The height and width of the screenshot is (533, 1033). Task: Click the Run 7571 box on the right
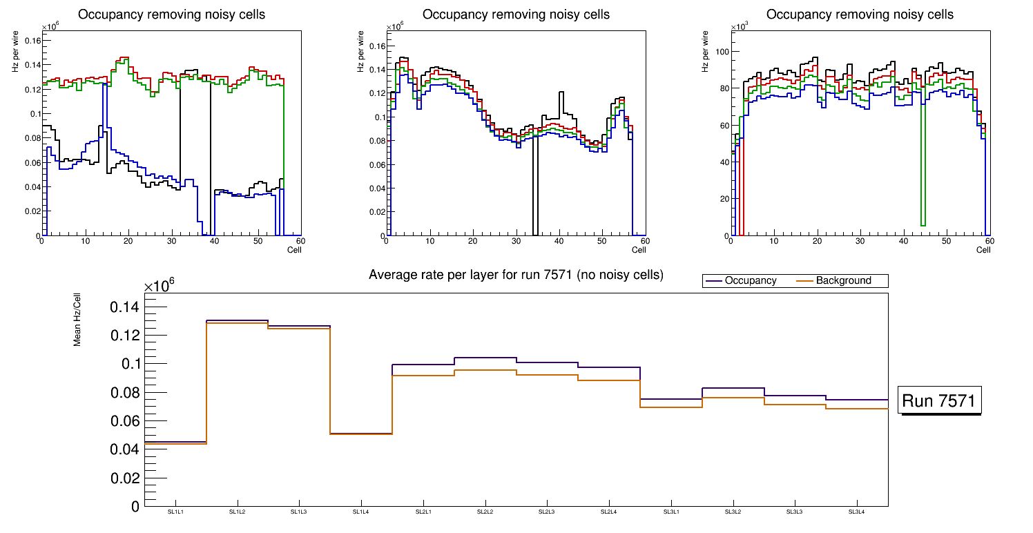tap(939, 400)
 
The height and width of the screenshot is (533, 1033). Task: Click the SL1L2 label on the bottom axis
tap(238, 512)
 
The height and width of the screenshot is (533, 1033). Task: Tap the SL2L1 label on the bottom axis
tap(423, 512)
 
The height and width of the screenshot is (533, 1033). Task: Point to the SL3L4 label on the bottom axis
tap(856, 512)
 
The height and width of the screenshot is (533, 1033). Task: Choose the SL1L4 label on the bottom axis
tap(361, 512)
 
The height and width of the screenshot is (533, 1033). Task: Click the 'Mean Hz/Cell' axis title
tap(77, 320)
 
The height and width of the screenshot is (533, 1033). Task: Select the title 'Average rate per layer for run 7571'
tap(516, 275)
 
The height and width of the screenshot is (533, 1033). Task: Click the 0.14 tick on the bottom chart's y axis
tap(124, 307)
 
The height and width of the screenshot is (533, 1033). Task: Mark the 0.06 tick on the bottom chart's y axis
tap(124, 421)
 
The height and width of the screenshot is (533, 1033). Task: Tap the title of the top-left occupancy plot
tap(171, 14)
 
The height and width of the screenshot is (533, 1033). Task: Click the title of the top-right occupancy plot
tap(860, 14)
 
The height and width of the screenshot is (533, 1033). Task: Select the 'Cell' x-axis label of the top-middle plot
tap(639, 249)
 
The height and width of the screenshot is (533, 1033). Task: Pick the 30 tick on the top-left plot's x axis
tap(171, 242)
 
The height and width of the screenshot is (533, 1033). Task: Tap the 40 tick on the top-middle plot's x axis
tap(558, 242)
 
